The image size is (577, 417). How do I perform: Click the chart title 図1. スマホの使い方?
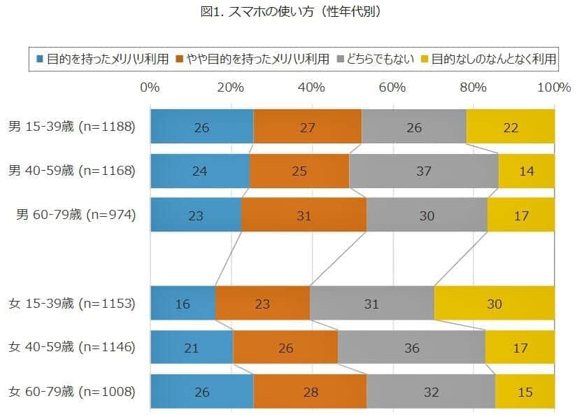click(289, 12)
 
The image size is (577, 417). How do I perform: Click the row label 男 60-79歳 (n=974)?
click(76, 215)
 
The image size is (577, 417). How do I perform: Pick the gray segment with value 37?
click(424, 171)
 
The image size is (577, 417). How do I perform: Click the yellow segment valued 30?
click(494, 304)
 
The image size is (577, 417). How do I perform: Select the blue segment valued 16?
click(183, 304)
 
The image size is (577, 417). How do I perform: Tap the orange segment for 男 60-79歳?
click(304, 215)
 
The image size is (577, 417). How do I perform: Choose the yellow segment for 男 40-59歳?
click(526, 171)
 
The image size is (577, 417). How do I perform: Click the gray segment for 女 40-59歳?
click(411, 347)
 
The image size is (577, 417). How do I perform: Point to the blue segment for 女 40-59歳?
click(192, 347)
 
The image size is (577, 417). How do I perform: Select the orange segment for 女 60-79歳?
click(310, 391)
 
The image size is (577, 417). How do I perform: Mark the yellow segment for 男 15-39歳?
click(511, 127)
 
